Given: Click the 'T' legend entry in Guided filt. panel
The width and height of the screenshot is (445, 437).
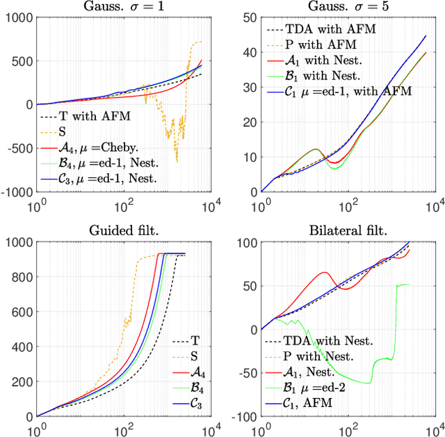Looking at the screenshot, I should coord(194,342).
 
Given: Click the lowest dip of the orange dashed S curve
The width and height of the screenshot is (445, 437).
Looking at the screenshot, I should coord(177,162).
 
